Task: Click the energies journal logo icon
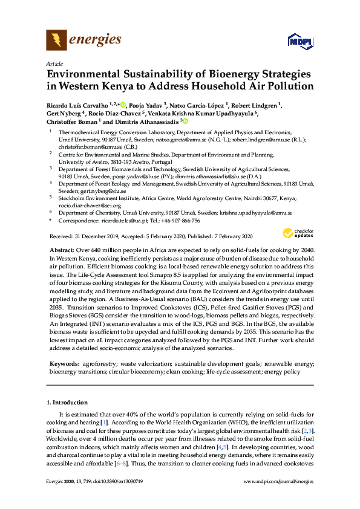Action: point(56,40)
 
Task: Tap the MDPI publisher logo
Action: point(296,41)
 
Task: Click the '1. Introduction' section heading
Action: point(70,402)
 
